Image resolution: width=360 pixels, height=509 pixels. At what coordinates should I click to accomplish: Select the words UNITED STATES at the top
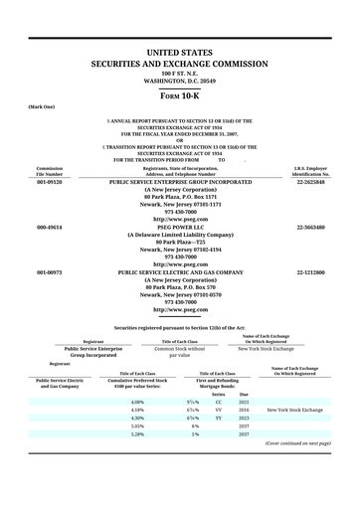180,51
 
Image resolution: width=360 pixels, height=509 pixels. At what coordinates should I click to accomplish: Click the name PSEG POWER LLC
180,228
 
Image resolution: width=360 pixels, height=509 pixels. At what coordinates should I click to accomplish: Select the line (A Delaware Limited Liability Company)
180,235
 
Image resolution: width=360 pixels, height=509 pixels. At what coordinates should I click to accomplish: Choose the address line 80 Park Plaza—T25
180,243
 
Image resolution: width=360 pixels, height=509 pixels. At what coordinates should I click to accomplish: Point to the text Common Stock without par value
179,352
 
